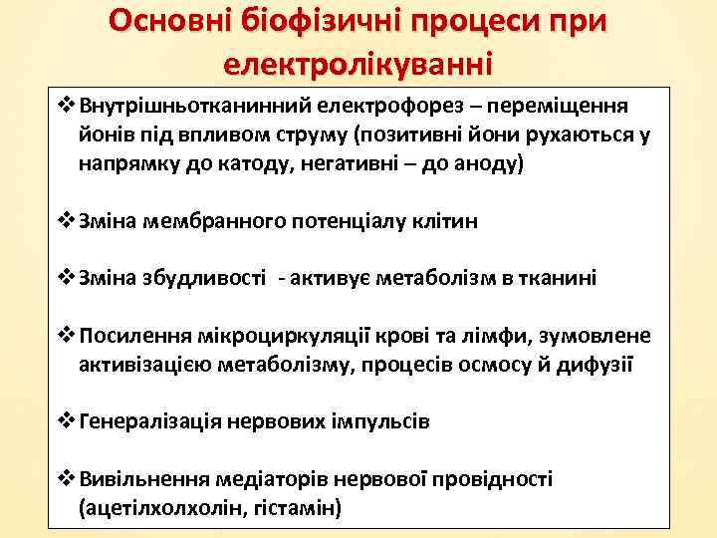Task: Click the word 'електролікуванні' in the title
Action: pyautogui.click(x=358, y=65)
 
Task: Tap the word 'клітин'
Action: pyautogui.click(x=444, y=220)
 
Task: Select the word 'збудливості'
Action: pyautogui.click(x=215, y=278)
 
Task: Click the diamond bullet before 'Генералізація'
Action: pyautogui.click(x=67, y=421)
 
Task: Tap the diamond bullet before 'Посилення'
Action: pyautogui.click(x=67, y=336)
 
